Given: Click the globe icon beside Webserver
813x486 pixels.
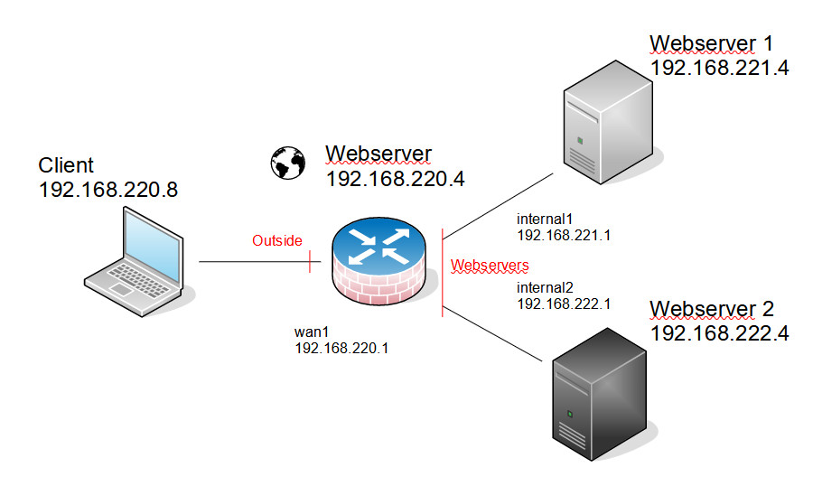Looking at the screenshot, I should [288, 163].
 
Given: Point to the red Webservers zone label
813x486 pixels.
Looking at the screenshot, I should [490, 266].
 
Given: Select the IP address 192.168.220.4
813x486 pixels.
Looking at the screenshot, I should [395, 178].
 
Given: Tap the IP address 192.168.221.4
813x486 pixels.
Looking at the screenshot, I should [719, 68].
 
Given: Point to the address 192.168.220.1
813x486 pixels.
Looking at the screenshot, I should [341, 347].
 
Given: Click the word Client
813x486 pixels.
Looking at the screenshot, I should [66, 165].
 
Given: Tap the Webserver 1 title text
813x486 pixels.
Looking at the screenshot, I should [712, 43].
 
